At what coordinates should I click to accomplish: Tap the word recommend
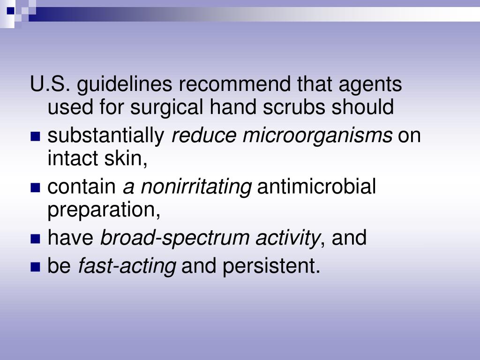[x=234, y=85]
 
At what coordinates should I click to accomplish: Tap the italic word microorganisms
[x=317, y=136]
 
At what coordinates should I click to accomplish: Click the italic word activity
[x=287, y=238]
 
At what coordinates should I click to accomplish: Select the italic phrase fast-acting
[x=127, y=266]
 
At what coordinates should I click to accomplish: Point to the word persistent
[x=271, y=266]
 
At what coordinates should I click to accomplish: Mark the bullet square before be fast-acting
[x=35, y=268]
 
